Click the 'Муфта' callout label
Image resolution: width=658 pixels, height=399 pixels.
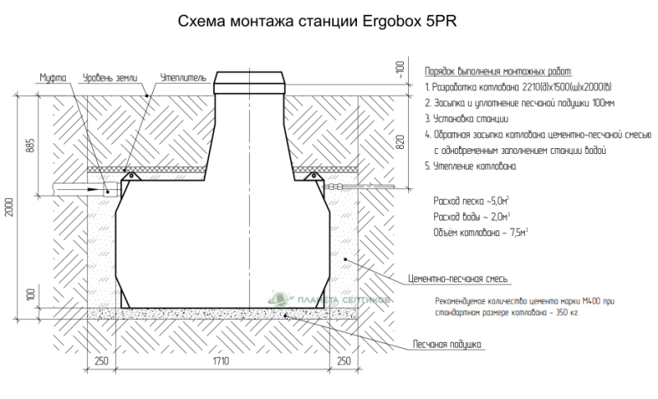pyautogui.click(x=53, y=78)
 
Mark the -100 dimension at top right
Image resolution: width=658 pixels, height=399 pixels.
pyautogui.click(x=400, y=69)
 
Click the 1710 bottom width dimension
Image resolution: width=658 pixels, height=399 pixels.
pyautogui.click(x=220, y=361)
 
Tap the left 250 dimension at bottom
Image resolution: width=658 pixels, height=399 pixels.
pyautogui.click(x=102, y=361)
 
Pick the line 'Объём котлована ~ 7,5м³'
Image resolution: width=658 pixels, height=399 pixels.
pyautogui.click(x=480, y=232)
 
